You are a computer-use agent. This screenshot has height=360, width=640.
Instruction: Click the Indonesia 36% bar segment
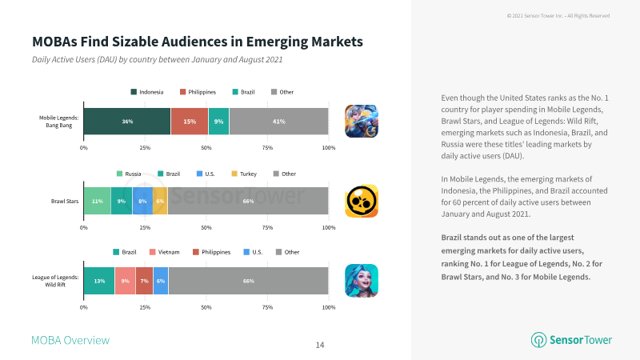(127, 122)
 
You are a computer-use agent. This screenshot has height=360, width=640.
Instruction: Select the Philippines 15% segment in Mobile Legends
(190, 122)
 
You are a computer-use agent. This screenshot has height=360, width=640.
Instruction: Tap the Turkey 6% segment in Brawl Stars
(160, 201)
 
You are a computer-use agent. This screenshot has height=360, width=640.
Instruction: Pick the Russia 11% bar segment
(97, 201)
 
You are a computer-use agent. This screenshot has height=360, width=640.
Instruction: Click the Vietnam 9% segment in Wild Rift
(126, 281)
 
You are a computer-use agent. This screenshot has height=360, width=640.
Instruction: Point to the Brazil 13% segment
(99, 281)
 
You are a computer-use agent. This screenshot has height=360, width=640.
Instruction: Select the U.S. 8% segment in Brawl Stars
(142, 201)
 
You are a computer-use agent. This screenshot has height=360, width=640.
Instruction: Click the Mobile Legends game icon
(362, 122)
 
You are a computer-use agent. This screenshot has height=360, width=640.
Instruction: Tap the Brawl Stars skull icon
(362, 201)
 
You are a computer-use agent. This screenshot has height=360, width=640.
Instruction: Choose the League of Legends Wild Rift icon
(362, 281)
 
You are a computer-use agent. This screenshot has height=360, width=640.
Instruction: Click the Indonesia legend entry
(147, 92)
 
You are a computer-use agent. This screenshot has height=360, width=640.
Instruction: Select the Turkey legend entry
(244, 174)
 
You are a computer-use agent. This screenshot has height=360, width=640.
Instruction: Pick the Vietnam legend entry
(165, 252)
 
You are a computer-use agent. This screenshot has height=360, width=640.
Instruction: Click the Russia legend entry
(129, 174)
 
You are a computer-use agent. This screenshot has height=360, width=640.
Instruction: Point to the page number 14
(320, 346)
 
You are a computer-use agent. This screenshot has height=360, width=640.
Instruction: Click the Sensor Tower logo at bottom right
(571, 339)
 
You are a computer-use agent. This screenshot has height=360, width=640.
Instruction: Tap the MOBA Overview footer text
(70, 341)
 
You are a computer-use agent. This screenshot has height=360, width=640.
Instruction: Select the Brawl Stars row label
(65, 202)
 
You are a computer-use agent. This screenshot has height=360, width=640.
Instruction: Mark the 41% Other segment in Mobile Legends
(278, 122)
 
